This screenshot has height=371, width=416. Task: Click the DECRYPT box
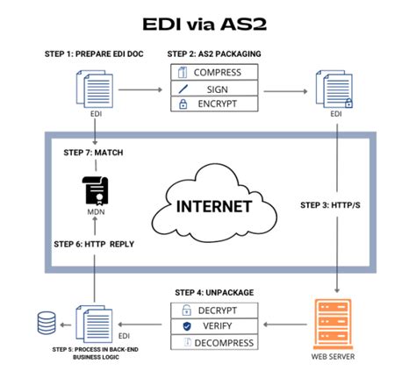pyautogui.click(x=216, y=310)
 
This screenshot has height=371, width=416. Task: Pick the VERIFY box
pyautogui.click(x=216, y=325)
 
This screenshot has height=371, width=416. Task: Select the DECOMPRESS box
pyautogui.click(x=216, y=342)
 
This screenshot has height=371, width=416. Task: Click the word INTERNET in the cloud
pyautogui.click(x=215, y=208)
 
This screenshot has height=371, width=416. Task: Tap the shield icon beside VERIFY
pyautogui.click(x=185, y=325)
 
